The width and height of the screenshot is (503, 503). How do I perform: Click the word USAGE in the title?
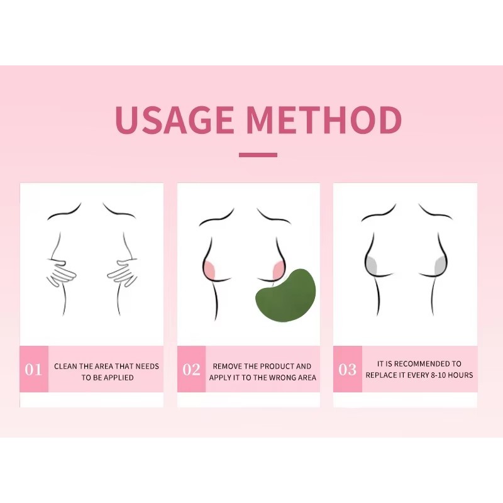[x=175, y=120]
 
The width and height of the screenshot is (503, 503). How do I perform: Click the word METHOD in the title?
[x=324, y=120]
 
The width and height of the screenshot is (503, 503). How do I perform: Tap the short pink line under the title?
[x=258, y=155]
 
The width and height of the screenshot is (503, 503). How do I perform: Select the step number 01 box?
[x=34, y=369]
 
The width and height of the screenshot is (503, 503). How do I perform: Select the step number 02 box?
[x=191, y=369]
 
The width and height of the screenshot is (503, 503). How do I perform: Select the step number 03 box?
[x=347, y=369]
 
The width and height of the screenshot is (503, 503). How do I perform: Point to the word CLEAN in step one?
[x=66, y=366]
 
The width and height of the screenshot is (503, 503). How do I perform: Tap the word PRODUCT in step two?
[x=274, y=366]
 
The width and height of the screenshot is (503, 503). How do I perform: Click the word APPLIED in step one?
[x=119, y=377]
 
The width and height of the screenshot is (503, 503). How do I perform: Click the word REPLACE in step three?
[x=382, y=375]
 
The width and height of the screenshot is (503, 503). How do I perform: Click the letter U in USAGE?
[x=127, y=120]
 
